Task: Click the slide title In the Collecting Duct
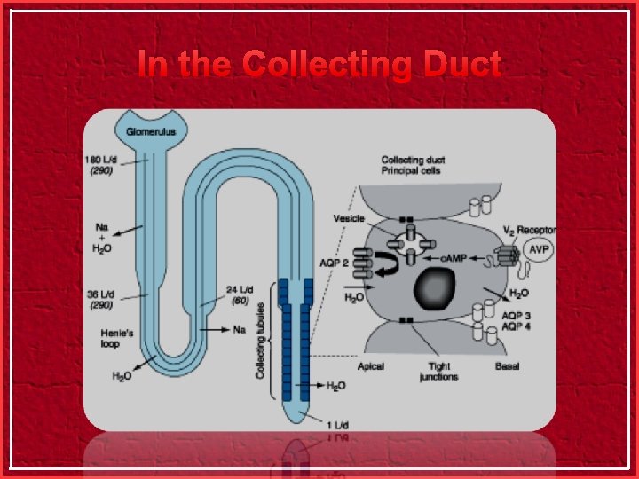point(319,65)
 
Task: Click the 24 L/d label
point(238,289)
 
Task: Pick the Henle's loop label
point(117,338)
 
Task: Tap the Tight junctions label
point(438,372)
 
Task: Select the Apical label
point(370,366)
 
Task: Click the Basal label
point(508,366)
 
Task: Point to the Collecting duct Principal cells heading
point(413,165)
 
